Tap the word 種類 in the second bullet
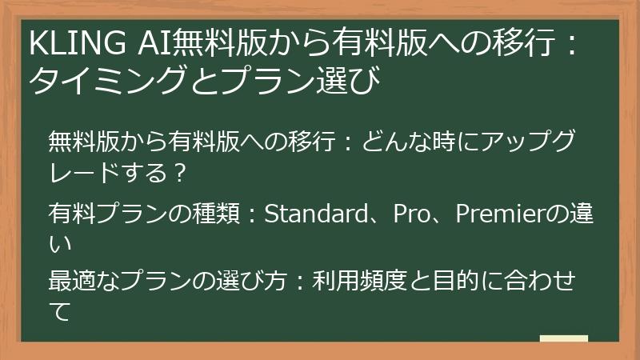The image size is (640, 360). coord(226,214)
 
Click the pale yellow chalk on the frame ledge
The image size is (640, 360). coord(563,338)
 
